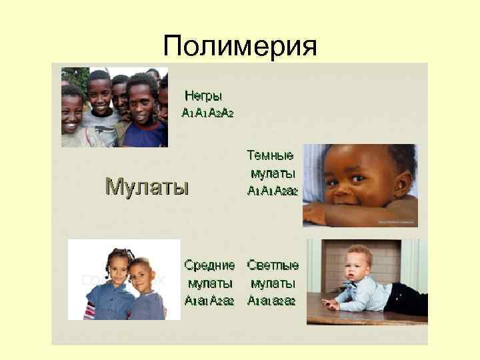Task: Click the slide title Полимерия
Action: point(240,46)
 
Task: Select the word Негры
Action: point(203,96)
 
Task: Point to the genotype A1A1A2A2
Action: point(207,113)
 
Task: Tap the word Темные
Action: point(270,156)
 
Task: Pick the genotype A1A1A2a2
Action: point(272,191)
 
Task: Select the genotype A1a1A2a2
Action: point(209,300)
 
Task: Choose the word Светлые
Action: point(273,265)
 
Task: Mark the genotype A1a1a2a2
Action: point(271,300)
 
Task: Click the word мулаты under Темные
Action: point(273,174)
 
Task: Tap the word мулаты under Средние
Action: point(209,283)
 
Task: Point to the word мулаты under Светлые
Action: point(273,283)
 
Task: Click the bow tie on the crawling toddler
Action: point(356,283)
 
